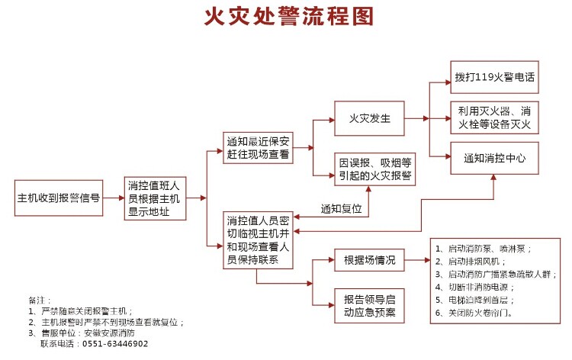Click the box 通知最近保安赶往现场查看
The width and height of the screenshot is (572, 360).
point(258,148)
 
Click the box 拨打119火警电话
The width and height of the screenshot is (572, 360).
point(494,77)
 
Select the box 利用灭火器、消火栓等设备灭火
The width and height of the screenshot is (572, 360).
point(494,117)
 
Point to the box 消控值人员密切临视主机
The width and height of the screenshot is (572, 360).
point(258,239)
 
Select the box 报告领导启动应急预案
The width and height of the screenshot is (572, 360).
point(369,305)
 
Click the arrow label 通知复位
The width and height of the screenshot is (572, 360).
point(341,207)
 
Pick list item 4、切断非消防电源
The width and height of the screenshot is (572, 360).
point(474,287)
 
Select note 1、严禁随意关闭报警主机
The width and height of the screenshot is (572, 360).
point(81,310)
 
